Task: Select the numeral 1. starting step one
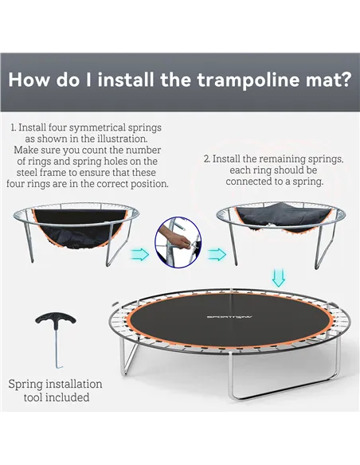[x=14, y=127]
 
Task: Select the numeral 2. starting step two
[x=207, y=158]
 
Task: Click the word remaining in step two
[x=272, y=158]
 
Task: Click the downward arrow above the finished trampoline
[x=278, y=276]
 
